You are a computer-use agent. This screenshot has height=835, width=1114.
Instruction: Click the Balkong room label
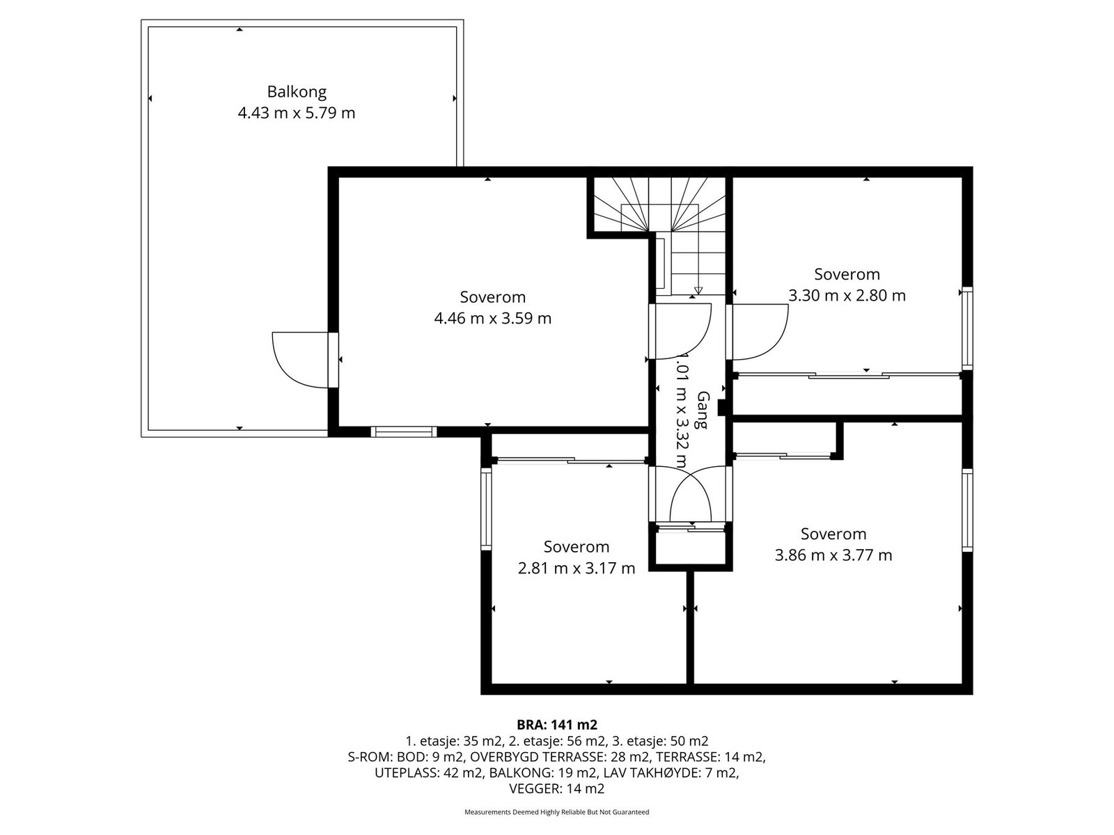tap(297, 92)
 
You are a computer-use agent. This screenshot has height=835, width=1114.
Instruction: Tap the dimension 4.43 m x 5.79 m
tap(297, 113)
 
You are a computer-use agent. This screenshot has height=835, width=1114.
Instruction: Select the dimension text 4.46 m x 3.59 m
tap(492, 319)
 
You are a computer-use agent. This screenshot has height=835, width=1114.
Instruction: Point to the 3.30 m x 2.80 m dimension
tap(847, 296)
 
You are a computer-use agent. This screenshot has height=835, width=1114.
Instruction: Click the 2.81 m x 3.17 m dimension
tap(576, 568)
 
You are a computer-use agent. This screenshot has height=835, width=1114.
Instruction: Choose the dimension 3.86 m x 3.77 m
tap(833, 555)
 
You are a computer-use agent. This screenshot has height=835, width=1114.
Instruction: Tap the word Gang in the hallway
tap(703, 410)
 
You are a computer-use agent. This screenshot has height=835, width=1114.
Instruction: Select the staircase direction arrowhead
tap(698, 290)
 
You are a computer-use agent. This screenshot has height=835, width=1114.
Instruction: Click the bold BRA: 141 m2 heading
tap(557, 724)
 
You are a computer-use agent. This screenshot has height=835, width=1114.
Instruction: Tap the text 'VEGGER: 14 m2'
tap(557, 788)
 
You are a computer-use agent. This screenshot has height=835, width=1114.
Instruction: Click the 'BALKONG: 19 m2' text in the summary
tap(543, 772)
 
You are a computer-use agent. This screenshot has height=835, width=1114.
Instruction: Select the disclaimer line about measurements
tap(557, 812)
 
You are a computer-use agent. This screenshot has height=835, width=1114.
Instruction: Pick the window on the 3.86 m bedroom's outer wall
tap(967, 510)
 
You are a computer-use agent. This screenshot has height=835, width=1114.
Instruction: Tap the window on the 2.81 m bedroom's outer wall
tap(486, 509)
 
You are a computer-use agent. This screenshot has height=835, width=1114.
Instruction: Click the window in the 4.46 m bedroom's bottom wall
tap(403, 431)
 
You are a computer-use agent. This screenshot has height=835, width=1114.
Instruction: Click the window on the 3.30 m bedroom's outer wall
tap(967, 328)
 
